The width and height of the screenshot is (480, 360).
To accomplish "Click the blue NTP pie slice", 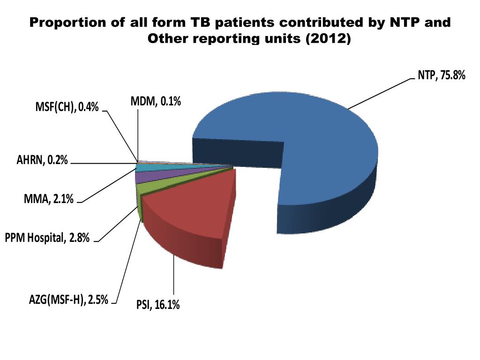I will (x=328, y=141).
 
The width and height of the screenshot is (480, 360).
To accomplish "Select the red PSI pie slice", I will (x=187, y=211).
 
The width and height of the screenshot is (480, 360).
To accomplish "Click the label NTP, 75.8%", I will (x=441, y=75).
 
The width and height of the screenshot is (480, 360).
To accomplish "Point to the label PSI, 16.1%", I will (x=158, y=306).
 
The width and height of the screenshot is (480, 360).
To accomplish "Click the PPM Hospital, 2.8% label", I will (x=47, y=239).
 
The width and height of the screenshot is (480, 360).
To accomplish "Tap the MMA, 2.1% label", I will (x=49, y=200).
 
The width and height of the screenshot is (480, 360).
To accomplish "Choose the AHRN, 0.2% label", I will (x=43, y=161).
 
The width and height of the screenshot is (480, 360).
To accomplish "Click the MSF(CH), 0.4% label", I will (x=67, y=107).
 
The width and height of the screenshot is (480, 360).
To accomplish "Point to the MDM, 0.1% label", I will (x=155, y=100).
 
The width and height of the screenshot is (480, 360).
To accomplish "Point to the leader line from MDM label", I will (x=138, y=131).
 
